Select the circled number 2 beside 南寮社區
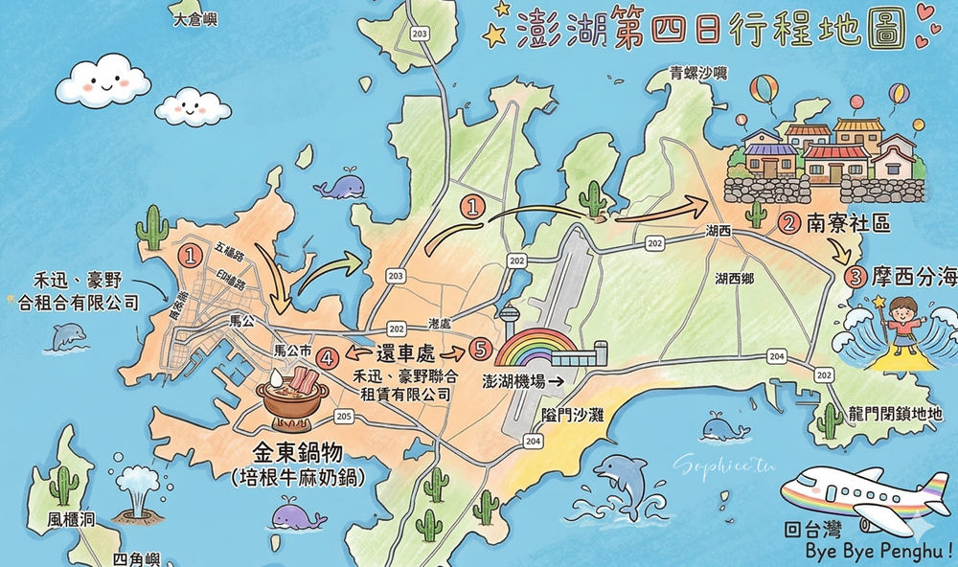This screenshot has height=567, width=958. (x=788, y=225)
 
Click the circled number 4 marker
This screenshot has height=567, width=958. (x=328, y=359)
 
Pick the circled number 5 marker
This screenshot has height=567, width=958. (x=479, y=348)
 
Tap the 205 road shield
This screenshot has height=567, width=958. (x=345, y=415)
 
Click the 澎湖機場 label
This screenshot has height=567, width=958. (x=514, y=380)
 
